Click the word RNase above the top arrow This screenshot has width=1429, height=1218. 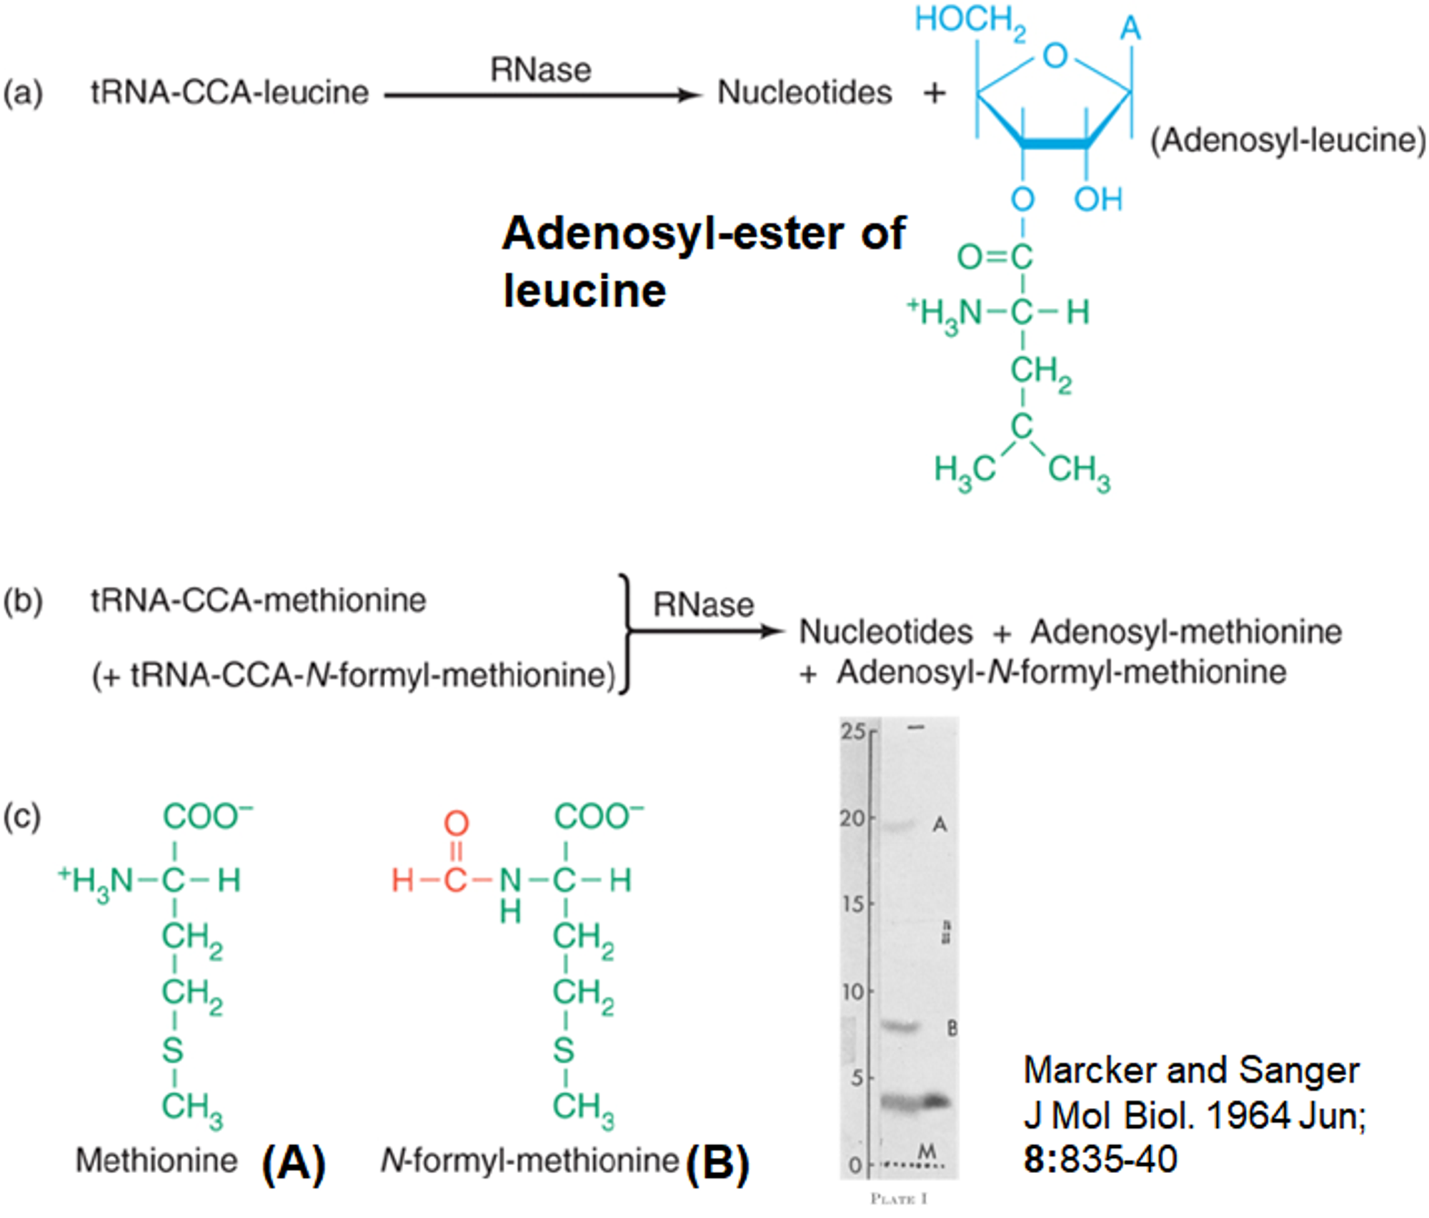point(540,70)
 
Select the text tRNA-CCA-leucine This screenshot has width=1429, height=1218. point(229,93)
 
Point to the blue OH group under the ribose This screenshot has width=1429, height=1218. point(1098,199)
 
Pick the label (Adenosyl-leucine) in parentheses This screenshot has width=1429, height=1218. point(1287,140)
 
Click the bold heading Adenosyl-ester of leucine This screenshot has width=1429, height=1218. point(703,261)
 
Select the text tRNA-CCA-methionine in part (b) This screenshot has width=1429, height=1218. point(258,600)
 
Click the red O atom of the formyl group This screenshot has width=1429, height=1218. point(457,823)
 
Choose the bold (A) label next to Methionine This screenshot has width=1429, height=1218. point(294,1163)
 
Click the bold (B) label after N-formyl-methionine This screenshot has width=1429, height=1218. point(717,1163)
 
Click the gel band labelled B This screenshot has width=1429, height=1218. point(900,1027)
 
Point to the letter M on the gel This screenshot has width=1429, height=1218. point(927,1152)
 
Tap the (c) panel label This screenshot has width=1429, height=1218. point(22,817)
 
